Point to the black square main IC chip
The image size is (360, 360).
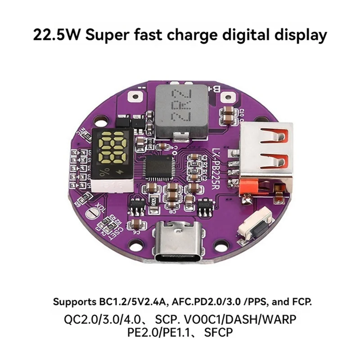161,167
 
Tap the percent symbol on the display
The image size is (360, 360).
104,171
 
